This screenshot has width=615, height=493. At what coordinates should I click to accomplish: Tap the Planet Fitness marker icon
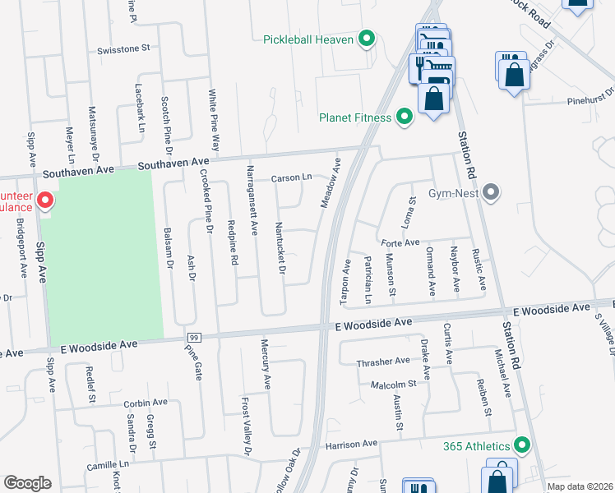click(404, 117)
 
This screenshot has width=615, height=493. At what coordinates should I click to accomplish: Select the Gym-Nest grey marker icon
click(492, 193)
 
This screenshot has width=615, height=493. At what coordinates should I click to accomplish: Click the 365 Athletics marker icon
click(521, 445)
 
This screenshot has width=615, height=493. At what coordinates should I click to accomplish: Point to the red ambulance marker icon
click(45, 200)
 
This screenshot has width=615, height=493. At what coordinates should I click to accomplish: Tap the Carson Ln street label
click(291, 177)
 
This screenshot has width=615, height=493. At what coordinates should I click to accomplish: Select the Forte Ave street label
click(400, 242)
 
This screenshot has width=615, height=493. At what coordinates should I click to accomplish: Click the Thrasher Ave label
click(382, 362)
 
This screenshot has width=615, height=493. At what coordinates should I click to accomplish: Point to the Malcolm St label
click(393, 384)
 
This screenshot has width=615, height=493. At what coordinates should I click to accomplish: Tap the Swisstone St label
click(123, 48)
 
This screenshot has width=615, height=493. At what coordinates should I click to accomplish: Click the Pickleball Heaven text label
click(308, 39)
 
